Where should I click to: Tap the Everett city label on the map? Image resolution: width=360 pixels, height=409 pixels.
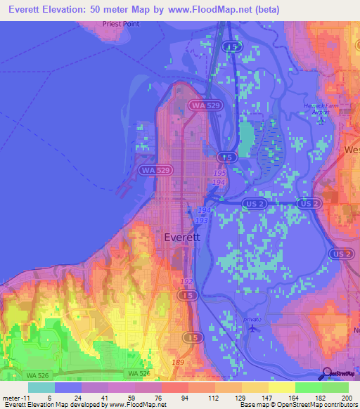point(182,238)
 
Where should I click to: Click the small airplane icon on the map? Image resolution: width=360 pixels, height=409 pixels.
point(252,327)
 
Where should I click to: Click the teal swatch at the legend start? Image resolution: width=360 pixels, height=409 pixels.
point(41,387)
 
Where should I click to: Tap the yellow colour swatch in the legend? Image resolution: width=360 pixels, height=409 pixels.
point(282,387)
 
